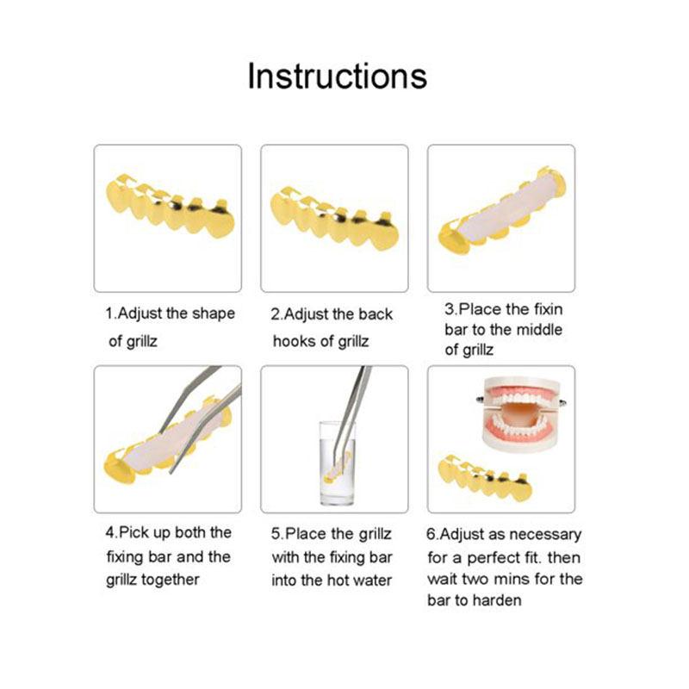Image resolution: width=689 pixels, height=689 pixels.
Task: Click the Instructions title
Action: [x=337, y=76]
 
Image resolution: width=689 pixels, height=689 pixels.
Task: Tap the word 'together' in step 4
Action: [x=169, y=580]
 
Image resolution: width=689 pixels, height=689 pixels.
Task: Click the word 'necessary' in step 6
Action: [x=548, y=535]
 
